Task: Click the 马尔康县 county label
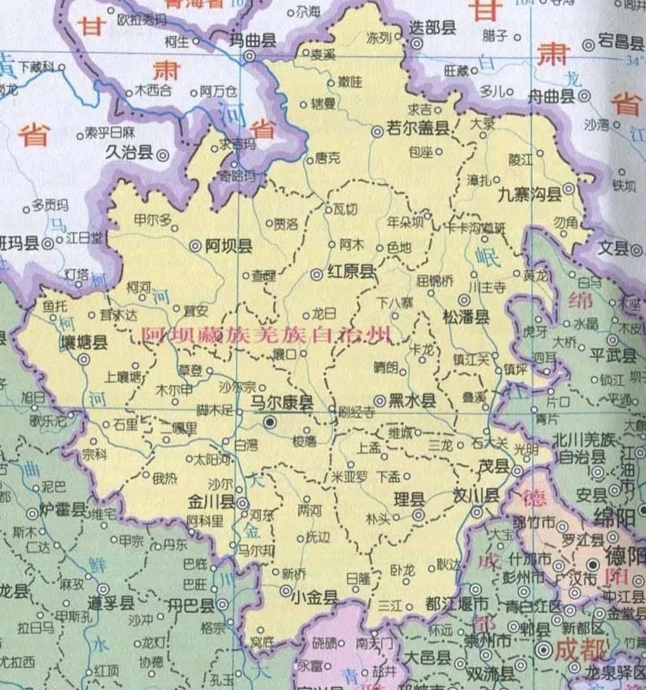[x=281, y=403]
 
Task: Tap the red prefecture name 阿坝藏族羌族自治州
[x=267, y=335]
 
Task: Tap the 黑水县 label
[x=413, y=400]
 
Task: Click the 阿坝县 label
[x=229, y=246]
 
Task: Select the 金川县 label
[x=211, y=502]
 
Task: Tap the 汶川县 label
[x=476, y=496]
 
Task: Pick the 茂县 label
[x=494, y=466]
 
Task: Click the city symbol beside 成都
[x=544, y=651]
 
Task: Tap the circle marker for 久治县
[x=163, y=153]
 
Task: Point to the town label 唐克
[x=328, y=160]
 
